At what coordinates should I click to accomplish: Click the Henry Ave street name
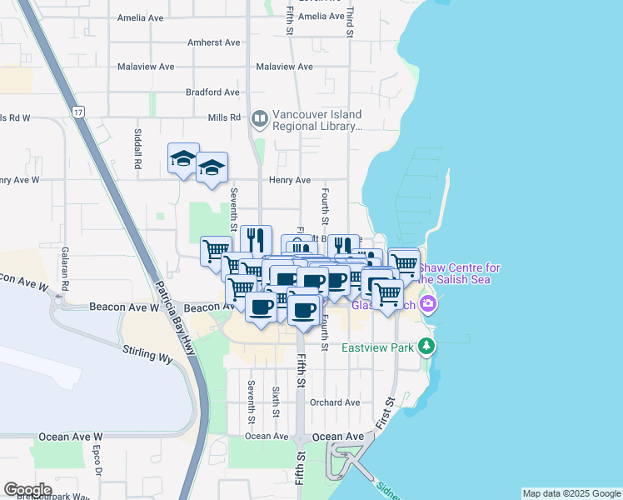coord(289,179)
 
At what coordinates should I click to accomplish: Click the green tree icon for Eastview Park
coord(427,344)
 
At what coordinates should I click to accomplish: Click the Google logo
coord(27,490)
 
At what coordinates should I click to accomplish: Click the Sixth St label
coord(275,401)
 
